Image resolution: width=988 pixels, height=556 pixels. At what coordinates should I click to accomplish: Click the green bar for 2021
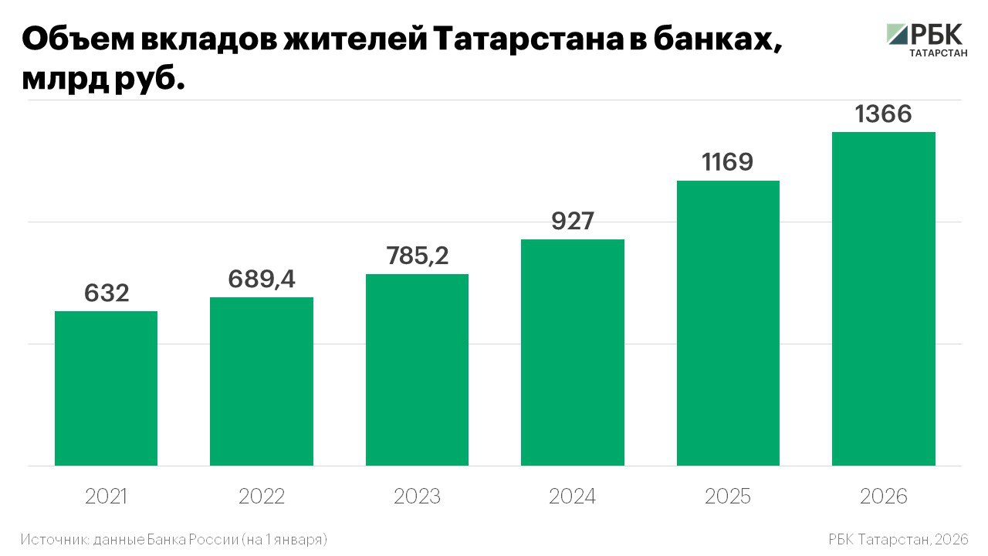tap(106, 388)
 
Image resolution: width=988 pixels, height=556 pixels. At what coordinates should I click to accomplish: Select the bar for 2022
tap(262, 381)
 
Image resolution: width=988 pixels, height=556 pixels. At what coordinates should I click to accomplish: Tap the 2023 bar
tap(417, 370)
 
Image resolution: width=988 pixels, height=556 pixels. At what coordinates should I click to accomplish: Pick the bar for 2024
tap(573, 352)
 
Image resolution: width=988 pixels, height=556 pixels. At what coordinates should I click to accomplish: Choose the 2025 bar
tap(728, 323)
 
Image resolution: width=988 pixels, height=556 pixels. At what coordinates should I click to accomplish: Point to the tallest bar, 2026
tap(883, 299)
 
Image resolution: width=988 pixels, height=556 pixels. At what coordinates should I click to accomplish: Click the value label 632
tap(107, 293)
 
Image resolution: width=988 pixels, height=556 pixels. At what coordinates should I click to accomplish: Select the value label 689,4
tap(262, 279)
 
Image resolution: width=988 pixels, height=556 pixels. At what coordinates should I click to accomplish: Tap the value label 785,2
tap(418, 256)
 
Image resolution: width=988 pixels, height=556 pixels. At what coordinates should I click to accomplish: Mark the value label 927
tap(573, 221)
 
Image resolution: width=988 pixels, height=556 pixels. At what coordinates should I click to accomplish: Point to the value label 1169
tap(728, 162)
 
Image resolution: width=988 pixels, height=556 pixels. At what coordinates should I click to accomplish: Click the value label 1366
tap(883, 114)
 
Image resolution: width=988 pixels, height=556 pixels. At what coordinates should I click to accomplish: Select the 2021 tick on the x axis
tap(107, 497)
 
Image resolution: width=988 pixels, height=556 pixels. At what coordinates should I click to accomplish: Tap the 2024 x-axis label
tap(573, 497)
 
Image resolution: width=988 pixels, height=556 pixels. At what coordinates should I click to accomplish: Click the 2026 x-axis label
tap(884, 497)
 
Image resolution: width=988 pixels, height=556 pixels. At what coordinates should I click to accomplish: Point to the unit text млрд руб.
tap(104, 80)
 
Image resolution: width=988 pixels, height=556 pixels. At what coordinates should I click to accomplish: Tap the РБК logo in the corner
tap(925, 39)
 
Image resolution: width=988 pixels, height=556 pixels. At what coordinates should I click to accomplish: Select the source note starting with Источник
tap(174, 538)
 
